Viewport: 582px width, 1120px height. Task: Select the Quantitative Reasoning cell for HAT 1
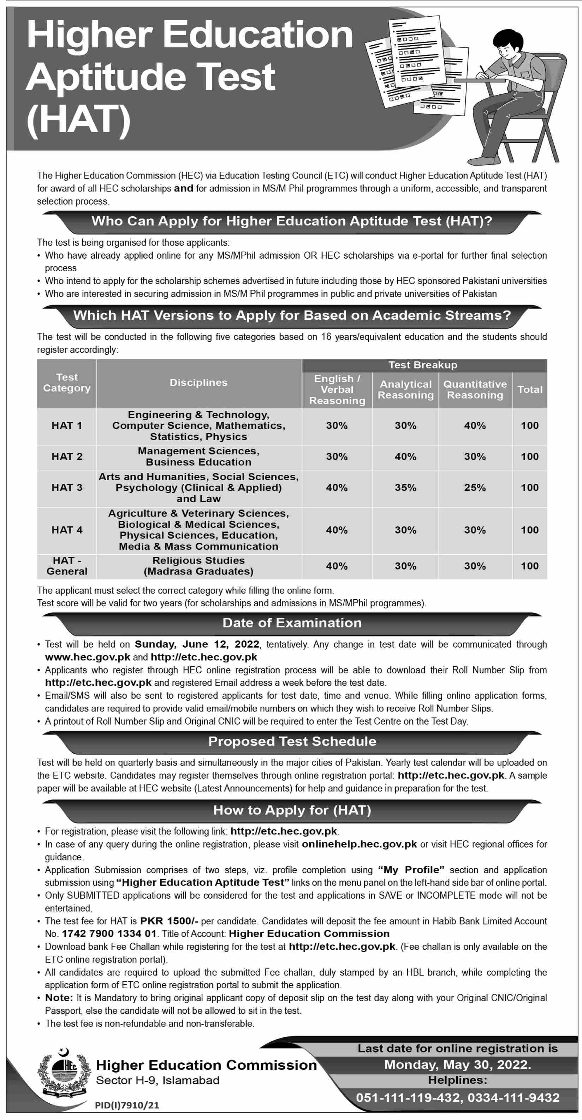tap(475, 425)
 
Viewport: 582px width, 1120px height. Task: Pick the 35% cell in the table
tap(405, 487)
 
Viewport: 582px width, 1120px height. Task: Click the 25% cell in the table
tap(475, 487)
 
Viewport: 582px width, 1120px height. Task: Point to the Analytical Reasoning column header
tap(405, 390)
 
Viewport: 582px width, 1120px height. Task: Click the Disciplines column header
tap(198, 383)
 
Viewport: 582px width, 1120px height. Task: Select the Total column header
tap(529, 390)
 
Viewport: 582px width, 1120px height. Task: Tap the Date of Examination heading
tap(292, 623)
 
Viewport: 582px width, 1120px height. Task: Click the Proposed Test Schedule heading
tap(292, 741)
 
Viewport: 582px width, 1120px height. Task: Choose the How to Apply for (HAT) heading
tap(292, 810)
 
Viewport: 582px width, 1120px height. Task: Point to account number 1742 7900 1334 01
tap(109, 933)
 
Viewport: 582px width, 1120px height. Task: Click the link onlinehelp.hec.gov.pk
tap(359, 844)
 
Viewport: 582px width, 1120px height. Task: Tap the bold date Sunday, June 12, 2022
tap(197, 644)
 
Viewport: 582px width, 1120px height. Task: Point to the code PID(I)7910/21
tap(127, 1105)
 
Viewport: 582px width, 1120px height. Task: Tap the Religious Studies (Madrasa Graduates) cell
tap(198, 566)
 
